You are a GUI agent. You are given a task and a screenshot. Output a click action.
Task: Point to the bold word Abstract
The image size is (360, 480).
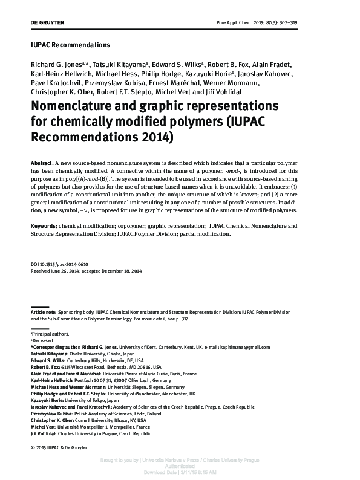(41, 164)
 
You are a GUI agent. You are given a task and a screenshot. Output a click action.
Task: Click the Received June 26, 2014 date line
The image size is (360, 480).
(86, 272)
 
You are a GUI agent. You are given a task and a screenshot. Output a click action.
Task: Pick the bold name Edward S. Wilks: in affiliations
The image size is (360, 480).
(47, 360)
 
